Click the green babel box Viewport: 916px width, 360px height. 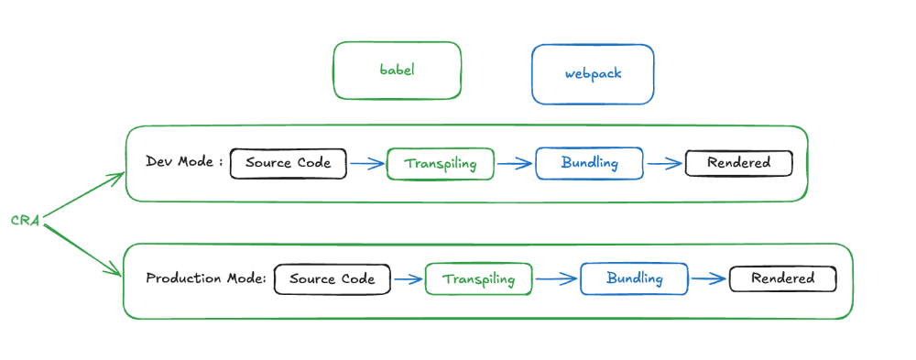click(x=397, y=71)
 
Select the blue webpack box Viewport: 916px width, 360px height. click(x=593, y=73)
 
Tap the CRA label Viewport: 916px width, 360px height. click(x=24, y=221)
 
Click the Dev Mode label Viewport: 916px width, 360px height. click(x=184, y=162)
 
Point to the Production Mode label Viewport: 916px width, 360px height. click(x=206, y=278)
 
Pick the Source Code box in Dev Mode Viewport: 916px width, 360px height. click(x=289, y=163)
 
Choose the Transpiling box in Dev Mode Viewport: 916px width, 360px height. click(x=441, y=164)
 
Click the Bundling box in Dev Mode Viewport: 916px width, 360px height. click(x=590, y=163)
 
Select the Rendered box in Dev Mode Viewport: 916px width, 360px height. click(x=738, y=163)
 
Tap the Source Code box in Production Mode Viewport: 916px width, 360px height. click(x=333, y=279)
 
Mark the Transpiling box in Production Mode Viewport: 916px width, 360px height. click(x=478, y=279)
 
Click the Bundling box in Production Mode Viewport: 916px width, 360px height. click(x=634, y=278)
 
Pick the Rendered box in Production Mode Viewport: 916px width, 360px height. click(x=783, y=278)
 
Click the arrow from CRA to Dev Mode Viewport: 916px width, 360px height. click(x=83, y=195)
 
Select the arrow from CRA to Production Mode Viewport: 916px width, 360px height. click(x=83, y=249)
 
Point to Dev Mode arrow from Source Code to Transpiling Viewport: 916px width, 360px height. click(x=366, y=164)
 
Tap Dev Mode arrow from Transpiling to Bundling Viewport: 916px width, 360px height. click(x=514, y=164)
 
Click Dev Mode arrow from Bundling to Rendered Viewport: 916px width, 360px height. click(x=664, y=164)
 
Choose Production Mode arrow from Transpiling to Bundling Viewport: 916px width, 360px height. click(x=556, y=278)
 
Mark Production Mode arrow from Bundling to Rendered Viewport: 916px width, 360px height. click(x=708, y=278)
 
